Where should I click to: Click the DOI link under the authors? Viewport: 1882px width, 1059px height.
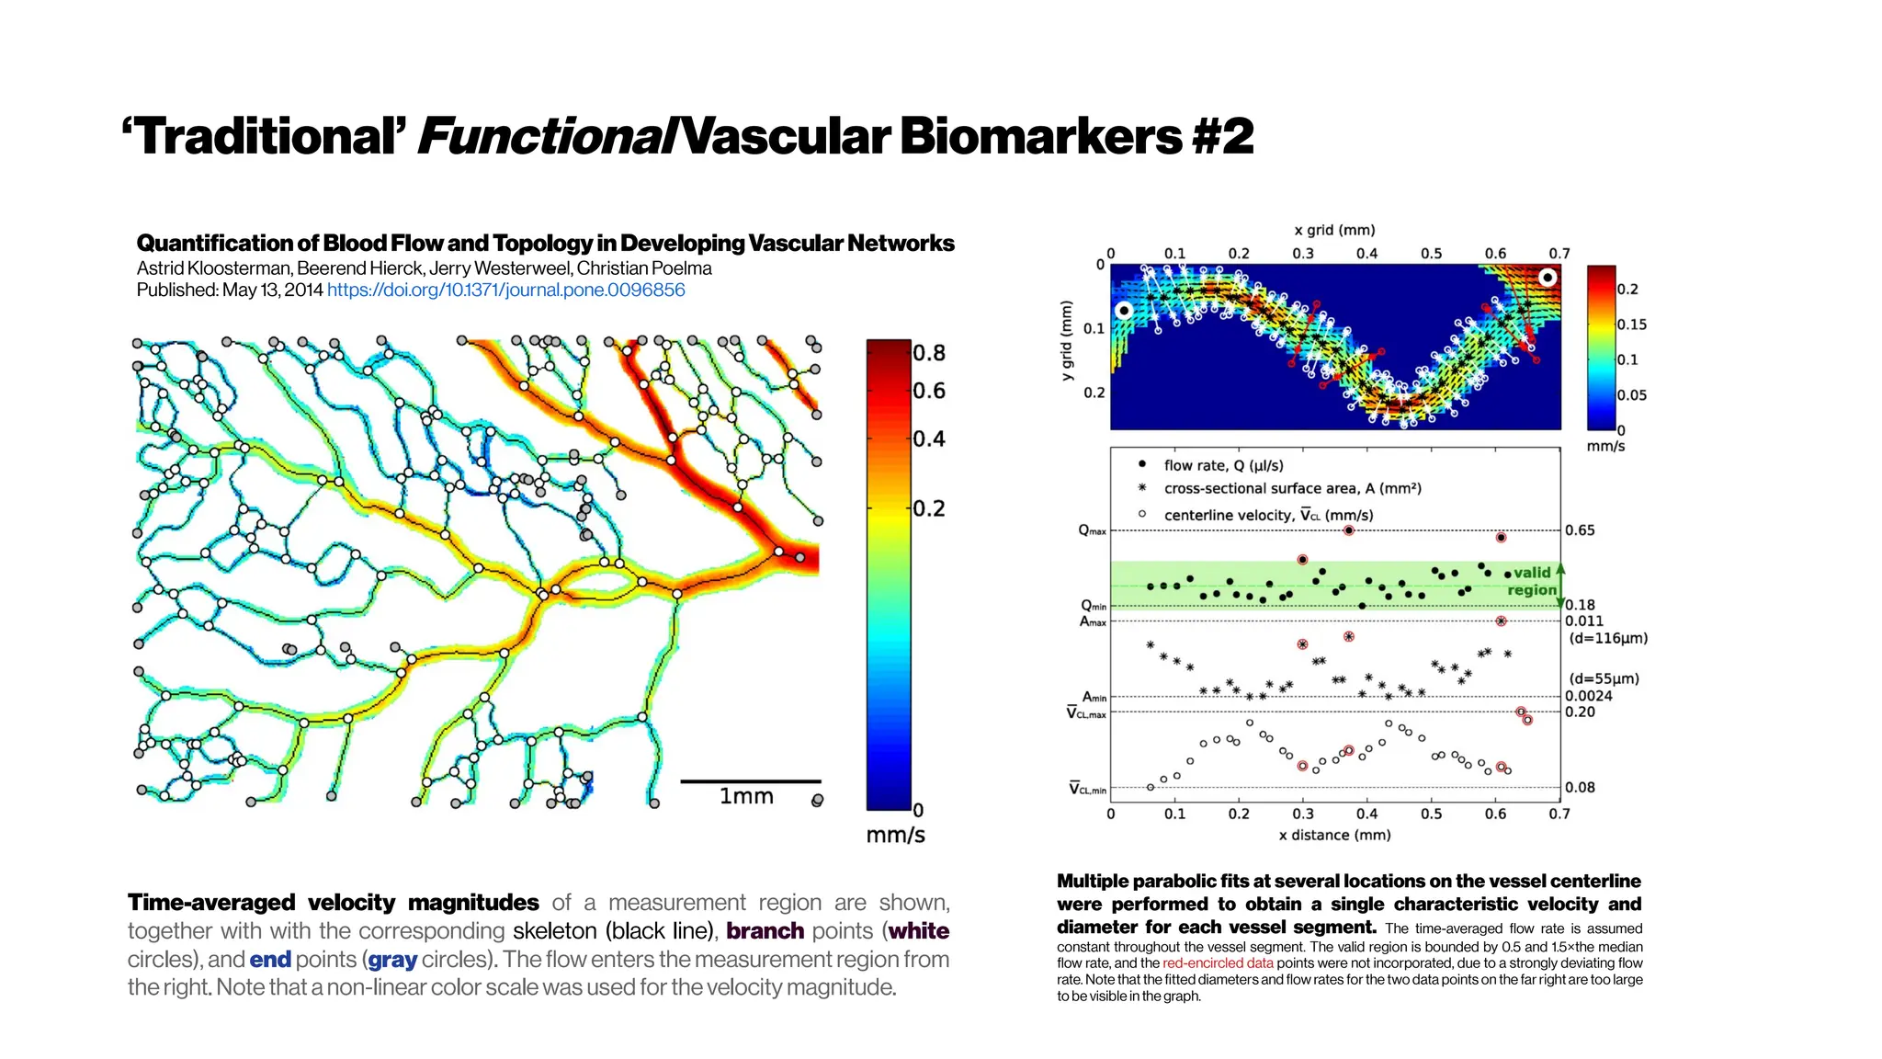pos(505,290)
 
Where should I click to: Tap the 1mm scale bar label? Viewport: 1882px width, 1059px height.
pos(745,796)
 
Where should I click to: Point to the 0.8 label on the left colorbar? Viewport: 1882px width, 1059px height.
pos(928,353)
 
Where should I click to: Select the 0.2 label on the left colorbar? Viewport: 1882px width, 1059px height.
pos(928,508)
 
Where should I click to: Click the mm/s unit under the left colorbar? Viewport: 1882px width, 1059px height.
pos(895,835)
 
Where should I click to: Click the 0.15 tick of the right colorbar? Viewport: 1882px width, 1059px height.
pos(1631,325)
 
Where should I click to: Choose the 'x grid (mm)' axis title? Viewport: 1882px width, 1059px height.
pos(1334,230)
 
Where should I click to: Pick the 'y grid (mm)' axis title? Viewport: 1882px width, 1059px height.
pos(1066,340)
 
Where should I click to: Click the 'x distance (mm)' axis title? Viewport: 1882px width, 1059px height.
pos(1334,835)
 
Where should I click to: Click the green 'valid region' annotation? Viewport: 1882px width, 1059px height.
pos(1532,581)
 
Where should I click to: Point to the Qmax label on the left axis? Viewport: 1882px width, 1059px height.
pos(1092,530)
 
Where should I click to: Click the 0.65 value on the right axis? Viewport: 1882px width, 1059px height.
pos(1580,530)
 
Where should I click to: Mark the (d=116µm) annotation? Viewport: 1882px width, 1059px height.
pos(1607,638)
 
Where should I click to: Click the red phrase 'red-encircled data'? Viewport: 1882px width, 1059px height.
pos(1218,963)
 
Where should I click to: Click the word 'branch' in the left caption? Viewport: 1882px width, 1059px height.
pos(765,930)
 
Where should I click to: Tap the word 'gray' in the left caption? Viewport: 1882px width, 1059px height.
pos(392,960)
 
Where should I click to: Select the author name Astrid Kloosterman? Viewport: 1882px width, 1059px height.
pos(213,268)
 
